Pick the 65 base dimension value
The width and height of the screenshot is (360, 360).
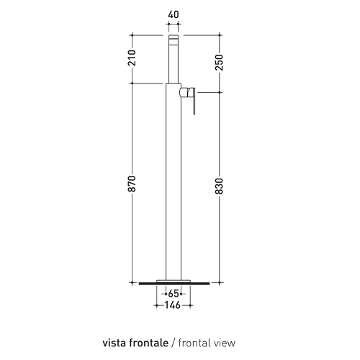tap(173, 294)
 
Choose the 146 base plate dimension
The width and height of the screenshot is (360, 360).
tap(173, 305)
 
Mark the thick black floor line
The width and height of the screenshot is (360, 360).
tap(173, 284)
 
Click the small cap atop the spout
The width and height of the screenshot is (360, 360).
tap(173, 37)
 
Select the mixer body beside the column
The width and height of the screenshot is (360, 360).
tap(186, 92)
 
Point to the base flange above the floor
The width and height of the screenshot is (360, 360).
tap(173, 279)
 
